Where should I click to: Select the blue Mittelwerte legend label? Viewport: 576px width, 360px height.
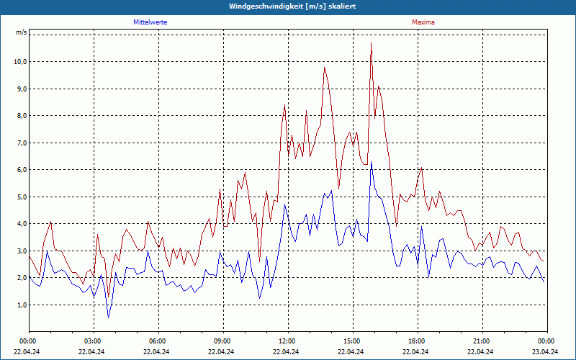tap(150, 22)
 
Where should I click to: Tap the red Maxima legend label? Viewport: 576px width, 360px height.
tap(423, 22)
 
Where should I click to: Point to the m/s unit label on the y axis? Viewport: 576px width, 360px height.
tap(21, 33)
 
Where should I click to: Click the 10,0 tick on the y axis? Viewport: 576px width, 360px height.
tap(20, 62)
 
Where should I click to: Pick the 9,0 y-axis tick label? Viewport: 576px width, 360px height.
tap(20, 89)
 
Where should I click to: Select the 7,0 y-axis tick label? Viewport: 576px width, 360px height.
tap(20, 143)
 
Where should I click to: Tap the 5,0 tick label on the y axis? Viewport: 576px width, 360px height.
tap(20, 197)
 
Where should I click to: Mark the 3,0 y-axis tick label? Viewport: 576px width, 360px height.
tap(20, 251)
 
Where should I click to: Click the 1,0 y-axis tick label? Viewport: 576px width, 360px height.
tap(20, 305)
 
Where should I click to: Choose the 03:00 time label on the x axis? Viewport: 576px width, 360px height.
tap(92, 341)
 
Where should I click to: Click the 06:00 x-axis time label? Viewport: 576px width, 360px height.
tap(157, 341)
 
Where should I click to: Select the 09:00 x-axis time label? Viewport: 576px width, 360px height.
tap(222, 341)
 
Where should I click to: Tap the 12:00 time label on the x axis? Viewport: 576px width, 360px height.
tap(287, 341)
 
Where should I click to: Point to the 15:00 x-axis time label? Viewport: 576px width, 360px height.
tap(351, 341)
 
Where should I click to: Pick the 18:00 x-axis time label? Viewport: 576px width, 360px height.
tap(416, 341)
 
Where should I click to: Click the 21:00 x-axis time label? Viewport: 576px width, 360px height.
tap(481, 341)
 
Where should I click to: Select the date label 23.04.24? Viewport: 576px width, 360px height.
tap(546, 352)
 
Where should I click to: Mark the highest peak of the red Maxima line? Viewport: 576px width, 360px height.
tap(372, 43)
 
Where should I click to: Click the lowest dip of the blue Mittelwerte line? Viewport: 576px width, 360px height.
tap(109, 318)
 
